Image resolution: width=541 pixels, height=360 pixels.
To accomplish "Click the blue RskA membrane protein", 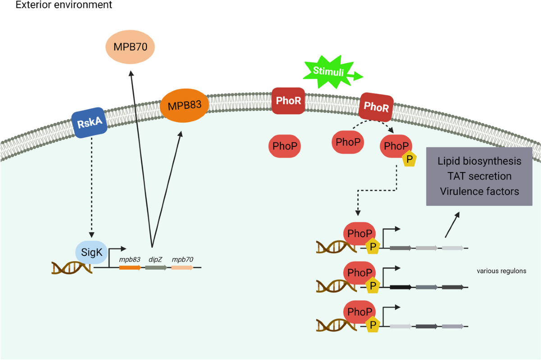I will click(x=90, y=123).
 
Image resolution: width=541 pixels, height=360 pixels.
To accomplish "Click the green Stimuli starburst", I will click(x=329, y=72).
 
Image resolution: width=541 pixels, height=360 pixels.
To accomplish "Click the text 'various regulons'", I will click(x=502, y=271).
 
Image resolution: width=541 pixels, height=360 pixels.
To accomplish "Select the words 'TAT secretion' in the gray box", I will click(x=479, y=176).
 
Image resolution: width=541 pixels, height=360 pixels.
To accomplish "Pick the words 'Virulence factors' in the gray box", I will click(x=479, y=191).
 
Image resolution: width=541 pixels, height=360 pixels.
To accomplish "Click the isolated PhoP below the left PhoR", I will click(x=285, y=147).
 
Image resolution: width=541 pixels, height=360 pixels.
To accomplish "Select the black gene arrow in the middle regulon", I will click(x=400, y=287).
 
